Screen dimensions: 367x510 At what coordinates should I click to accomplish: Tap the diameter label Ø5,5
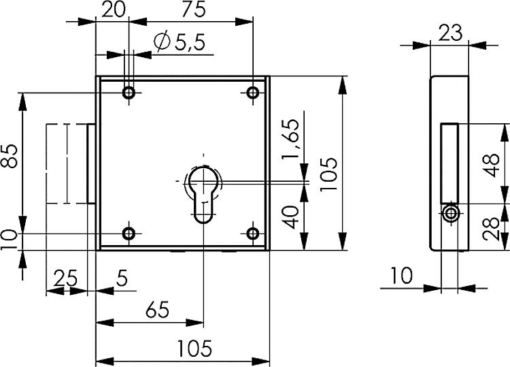pos(179,44)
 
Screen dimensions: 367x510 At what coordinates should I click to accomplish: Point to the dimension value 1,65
pos(291,138)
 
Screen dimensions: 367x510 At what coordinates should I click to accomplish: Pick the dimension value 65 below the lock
pos(156,310)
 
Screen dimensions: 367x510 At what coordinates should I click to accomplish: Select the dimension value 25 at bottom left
pos(65,278)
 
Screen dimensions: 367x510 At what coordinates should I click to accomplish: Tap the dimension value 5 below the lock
pos(122,278)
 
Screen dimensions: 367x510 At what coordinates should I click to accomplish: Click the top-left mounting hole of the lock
pos(129,93)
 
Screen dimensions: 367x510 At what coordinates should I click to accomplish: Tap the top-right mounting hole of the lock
pos(253,93)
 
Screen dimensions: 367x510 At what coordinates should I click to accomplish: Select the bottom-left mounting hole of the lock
pos(129,234)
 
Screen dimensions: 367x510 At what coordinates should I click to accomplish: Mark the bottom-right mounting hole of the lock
pos(253,234)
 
